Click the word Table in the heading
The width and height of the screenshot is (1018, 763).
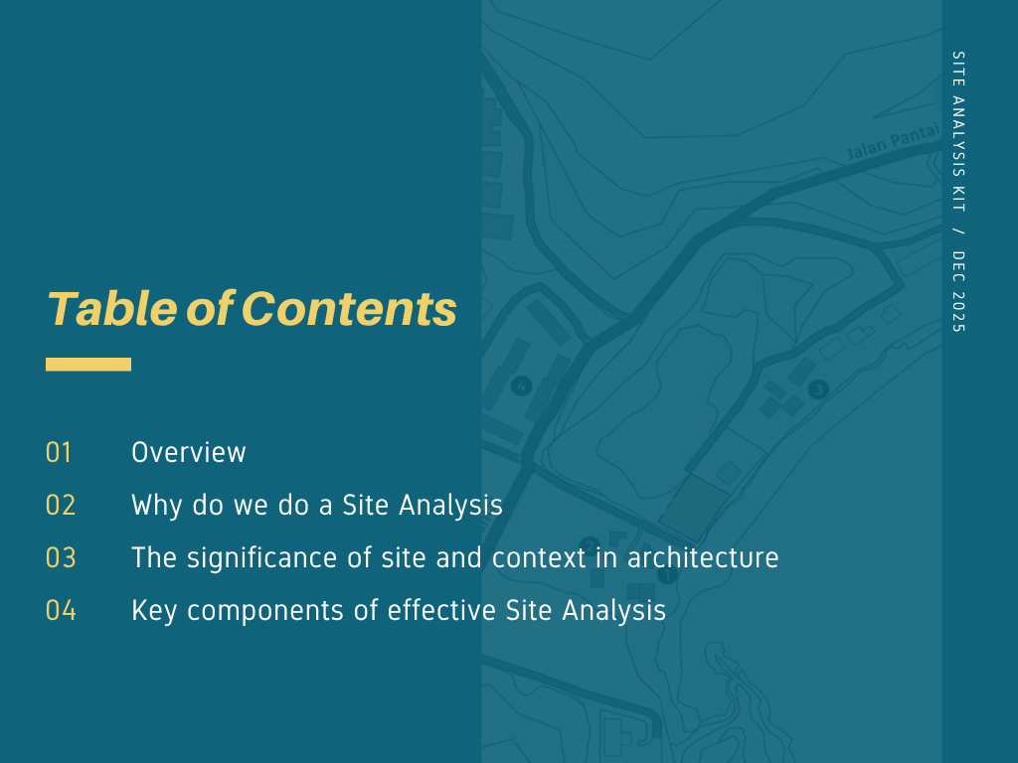pyautogui.click(x=112, y=308)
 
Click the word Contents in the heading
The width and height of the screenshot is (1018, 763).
pyautogui.click(x=349, y=308)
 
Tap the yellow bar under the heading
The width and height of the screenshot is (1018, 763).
pyautogui.click(x=88, y=364)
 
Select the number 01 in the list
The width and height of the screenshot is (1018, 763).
pyautogui.click(x=59, y=453)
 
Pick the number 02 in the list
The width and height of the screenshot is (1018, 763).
pyautogui.click(x=61, y=506)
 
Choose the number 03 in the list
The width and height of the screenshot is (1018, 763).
pyautogui.click(x=61, y=558)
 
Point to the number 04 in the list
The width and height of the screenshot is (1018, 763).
pyautogui.click(x=61, y=611)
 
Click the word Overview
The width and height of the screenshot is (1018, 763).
pyautogui.click(x=188, y=452)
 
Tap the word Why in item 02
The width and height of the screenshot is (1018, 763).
pyautogui.click(x=156, y=506)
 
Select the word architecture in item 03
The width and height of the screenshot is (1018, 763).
pyautogui.click(x=703, y=558)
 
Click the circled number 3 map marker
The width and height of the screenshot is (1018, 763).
pyautogui.click(x=819, y=389)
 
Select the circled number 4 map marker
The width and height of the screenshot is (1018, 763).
pyautogui.click(x=521, y=386)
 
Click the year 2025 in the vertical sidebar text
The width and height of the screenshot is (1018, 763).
pyautogui.click(x=958, y=312)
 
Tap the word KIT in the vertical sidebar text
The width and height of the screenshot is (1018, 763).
pyautogui.click(x=958, y=199)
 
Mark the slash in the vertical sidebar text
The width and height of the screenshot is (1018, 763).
pyautogui.click(x=958, y=231)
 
